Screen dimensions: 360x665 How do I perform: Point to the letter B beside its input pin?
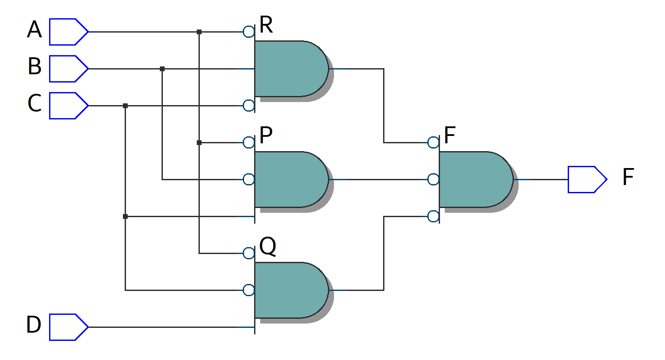34,67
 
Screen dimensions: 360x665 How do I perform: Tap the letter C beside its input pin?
34,104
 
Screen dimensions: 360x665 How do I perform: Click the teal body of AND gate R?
289,69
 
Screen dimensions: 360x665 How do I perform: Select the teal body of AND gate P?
289,179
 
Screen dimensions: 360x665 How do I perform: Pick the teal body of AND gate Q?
289,290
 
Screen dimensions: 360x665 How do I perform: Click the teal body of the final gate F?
473,179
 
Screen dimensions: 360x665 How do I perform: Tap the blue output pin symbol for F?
587,179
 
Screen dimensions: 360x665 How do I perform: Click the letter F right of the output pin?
628,177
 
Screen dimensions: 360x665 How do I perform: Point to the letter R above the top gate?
266,25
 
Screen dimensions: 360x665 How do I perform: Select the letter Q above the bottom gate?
268,247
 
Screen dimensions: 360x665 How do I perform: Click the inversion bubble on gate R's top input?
248,32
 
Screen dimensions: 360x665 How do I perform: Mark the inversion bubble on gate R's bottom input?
248,106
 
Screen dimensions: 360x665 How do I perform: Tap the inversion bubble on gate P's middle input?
248,179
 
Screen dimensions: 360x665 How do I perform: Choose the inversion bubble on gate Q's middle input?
248,290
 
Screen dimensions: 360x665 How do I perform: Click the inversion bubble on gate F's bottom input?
433,216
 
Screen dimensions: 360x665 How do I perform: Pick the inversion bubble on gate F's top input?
433,142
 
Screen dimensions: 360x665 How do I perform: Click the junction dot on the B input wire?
162,69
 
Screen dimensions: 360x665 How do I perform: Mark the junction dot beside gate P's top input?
199,142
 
